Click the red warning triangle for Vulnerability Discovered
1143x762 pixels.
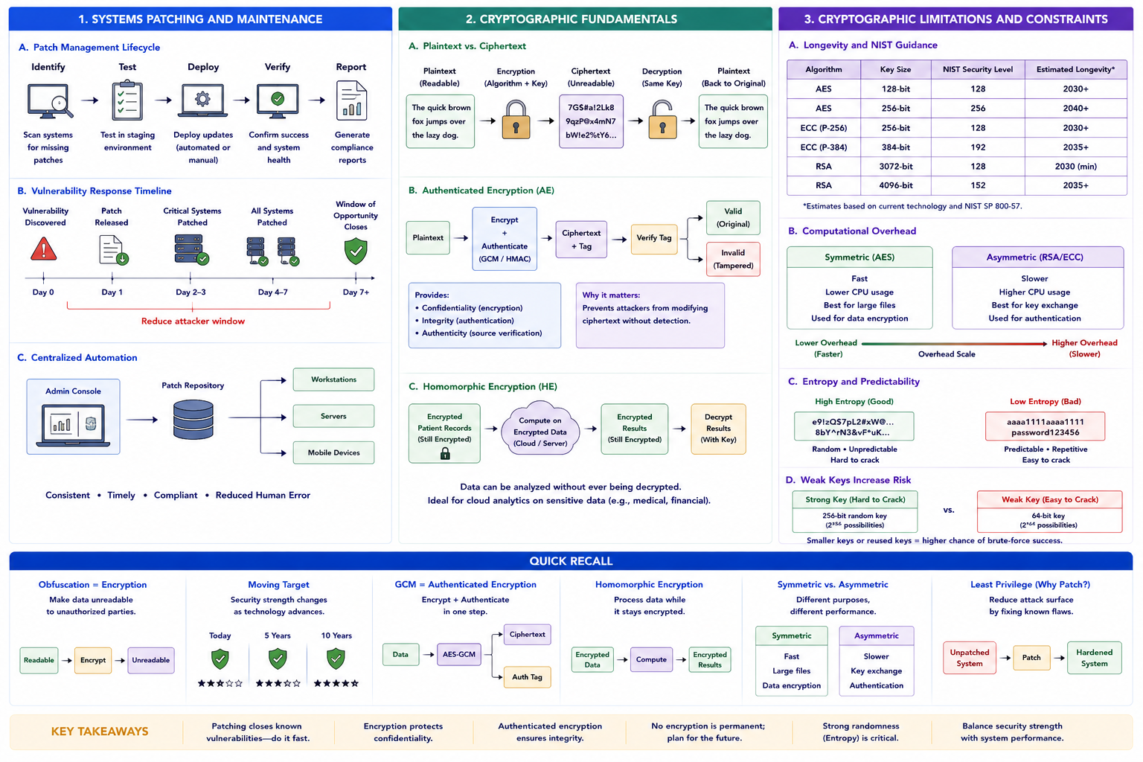click(x=44, y=249)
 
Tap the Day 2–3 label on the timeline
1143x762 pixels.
click(x=190, y=292)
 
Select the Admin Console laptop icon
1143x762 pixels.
click(x=74, y=425)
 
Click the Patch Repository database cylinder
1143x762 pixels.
click(x=193, y=420)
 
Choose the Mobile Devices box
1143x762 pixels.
click(x=333, y=452)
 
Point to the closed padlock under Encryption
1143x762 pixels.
click(x=516, y=121)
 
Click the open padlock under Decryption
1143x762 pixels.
click(x=662, y=121)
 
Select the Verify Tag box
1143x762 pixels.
click(x=654, y=238)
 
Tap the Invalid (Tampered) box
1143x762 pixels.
click(x=733, y=259)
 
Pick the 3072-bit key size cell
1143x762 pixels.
click(x=895, y=167)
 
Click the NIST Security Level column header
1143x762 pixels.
click(x=978, y=69)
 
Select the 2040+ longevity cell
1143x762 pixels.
click(x=1075, y=108)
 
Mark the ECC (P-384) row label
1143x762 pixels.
click(x=824, y=147)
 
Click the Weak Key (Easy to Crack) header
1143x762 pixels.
click(x=1050, y=499)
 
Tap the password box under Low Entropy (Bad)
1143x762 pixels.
click(x=1045, y=426)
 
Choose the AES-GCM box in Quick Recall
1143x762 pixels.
click(x=458, y=654)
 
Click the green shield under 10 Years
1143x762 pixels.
click(x=336, y=659)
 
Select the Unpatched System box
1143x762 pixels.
click(x=970, y=658)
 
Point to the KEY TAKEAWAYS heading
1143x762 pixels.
click(x=100, y=731)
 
